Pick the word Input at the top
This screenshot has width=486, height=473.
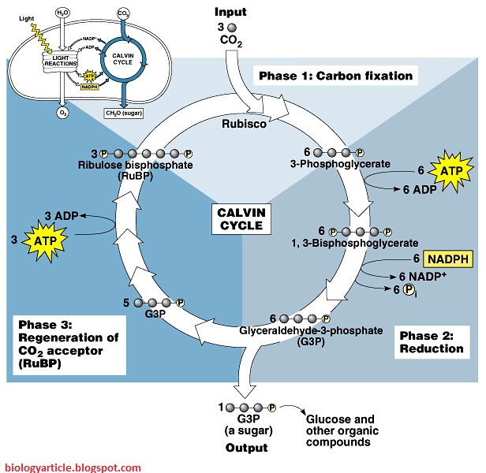point(230,13)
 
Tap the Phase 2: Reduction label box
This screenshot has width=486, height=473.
point(431,342)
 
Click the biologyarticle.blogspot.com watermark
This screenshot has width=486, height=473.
point(71,466)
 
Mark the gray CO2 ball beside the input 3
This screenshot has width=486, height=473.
point(231,27)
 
